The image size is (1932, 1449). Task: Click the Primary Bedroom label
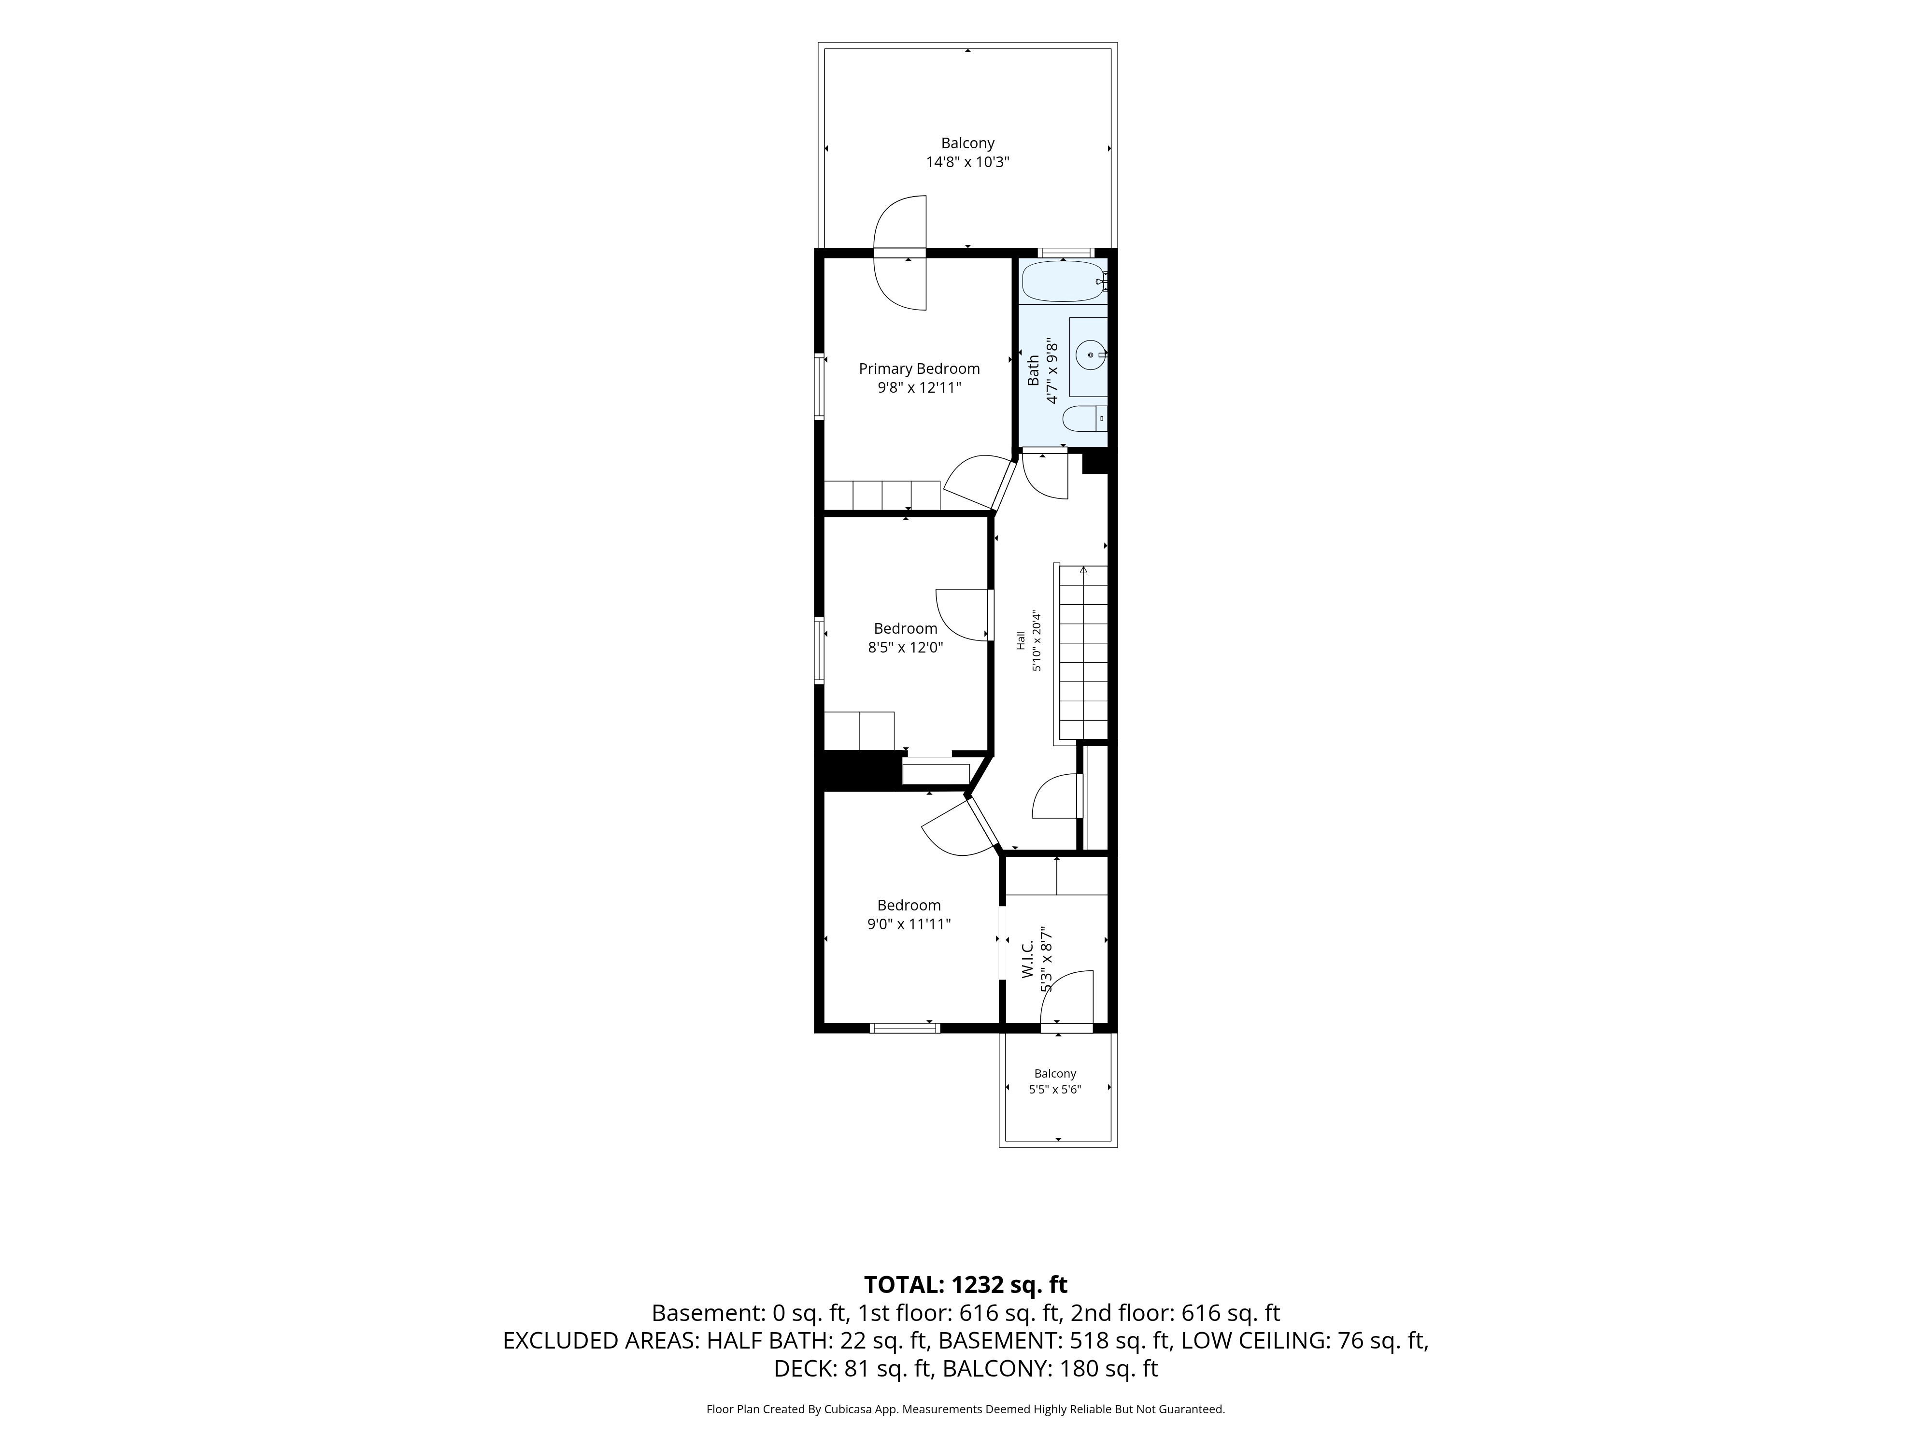coord(919,369)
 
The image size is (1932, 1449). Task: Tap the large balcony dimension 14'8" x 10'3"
coord(968,162)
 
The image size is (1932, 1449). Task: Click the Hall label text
coord(1020,640)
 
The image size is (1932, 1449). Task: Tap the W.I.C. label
coord(1028,958)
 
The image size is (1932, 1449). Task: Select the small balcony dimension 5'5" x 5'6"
coord(1055,1089)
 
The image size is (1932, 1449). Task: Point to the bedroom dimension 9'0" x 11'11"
coord(909,924)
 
